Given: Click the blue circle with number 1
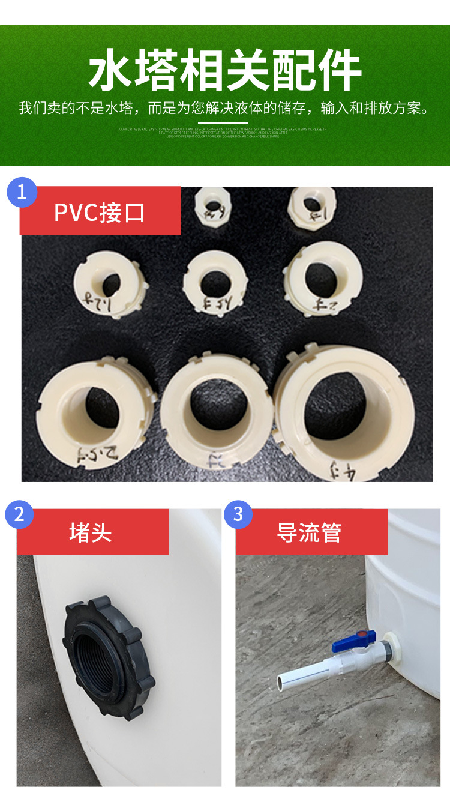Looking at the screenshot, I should pyautogui.click(x=22, y=192).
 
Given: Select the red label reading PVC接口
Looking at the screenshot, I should pyautogui.click(x=100, y=211).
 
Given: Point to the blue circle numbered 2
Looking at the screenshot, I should pyautogui.click(x=19, y=514).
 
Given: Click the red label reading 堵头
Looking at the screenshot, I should pyautogui.click(x=92, y=532).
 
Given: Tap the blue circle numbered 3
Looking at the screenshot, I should pyautogui.click(x=238, y=514).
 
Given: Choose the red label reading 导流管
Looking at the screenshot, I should pyautogui.click(x=310, y=532).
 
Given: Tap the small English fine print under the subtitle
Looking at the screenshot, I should pyautogui.click(x=223, y=133).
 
